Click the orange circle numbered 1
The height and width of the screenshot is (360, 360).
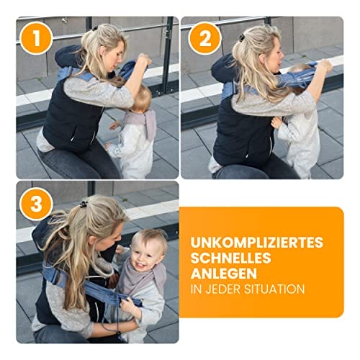(x=36, y=38)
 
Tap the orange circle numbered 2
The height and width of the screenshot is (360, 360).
(x=204, y=38)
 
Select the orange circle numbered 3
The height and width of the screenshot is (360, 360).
(x=36, y=204)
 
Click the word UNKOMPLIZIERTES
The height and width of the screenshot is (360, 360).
(x=257, y=243)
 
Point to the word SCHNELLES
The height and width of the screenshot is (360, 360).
(x=231, y=258)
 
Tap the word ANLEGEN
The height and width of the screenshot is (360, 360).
(x=224, y=274)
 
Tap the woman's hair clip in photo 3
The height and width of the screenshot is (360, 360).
(x=84, y=204)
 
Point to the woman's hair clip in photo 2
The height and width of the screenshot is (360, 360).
(x=241, y=38)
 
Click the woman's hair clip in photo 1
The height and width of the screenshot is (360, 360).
(x=95, y=28)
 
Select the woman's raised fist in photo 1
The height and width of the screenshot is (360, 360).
(x=144, y=60)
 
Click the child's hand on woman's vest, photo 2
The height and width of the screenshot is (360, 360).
(x=276, y=122)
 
